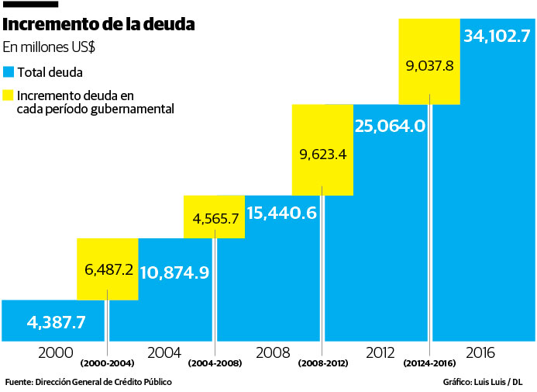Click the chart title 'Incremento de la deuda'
point(99,25)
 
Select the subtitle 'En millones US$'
point(50,47)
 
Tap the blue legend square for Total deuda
point(9,71)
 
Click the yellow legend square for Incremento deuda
point(9,95)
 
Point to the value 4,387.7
point(56,321)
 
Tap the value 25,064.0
point(390,126)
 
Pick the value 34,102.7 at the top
point(497,36)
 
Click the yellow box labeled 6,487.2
point(108,269)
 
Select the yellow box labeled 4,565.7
point(215,217)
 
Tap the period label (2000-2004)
point(107,363)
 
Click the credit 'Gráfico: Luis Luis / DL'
point(483,382)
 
